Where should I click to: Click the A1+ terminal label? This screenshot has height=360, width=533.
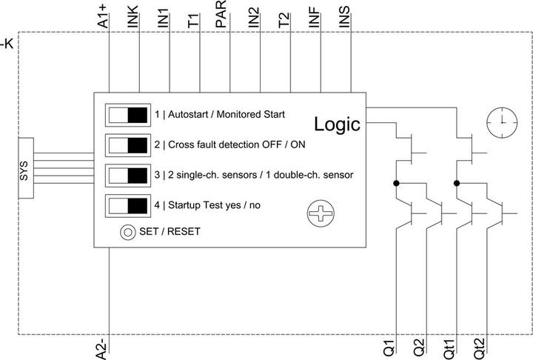click(102, 16)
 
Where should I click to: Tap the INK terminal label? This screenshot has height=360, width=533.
click(133, 16)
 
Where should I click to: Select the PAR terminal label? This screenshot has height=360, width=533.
click(221, 14)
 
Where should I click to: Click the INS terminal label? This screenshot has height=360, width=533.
click(344, 17)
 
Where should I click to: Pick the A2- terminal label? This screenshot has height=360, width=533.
click(102, 349)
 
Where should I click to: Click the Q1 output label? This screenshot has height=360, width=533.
click(389, 347)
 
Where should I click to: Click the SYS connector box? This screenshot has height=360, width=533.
click(26, 168)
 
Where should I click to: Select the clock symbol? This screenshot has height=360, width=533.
click(502, 122)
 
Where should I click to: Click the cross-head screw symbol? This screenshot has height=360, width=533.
click(321, 213)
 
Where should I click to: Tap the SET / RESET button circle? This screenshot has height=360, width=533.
click(128, 232)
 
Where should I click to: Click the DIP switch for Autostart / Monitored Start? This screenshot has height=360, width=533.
click(128, 115)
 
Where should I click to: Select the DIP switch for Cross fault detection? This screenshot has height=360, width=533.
click(128, 145)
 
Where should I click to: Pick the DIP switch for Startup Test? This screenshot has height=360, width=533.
click(128, 206)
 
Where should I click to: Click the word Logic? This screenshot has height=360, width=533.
click(337, 124)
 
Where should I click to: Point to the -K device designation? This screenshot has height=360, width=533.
click(7, 44)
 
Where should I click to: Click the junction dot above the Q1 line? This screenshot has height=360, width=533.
click(396, 184)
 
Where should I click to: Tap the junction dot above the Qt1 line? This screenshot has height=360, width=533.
click(457, 184)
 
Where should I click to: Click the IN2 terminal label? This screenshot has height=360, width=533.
click(254, 18)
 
